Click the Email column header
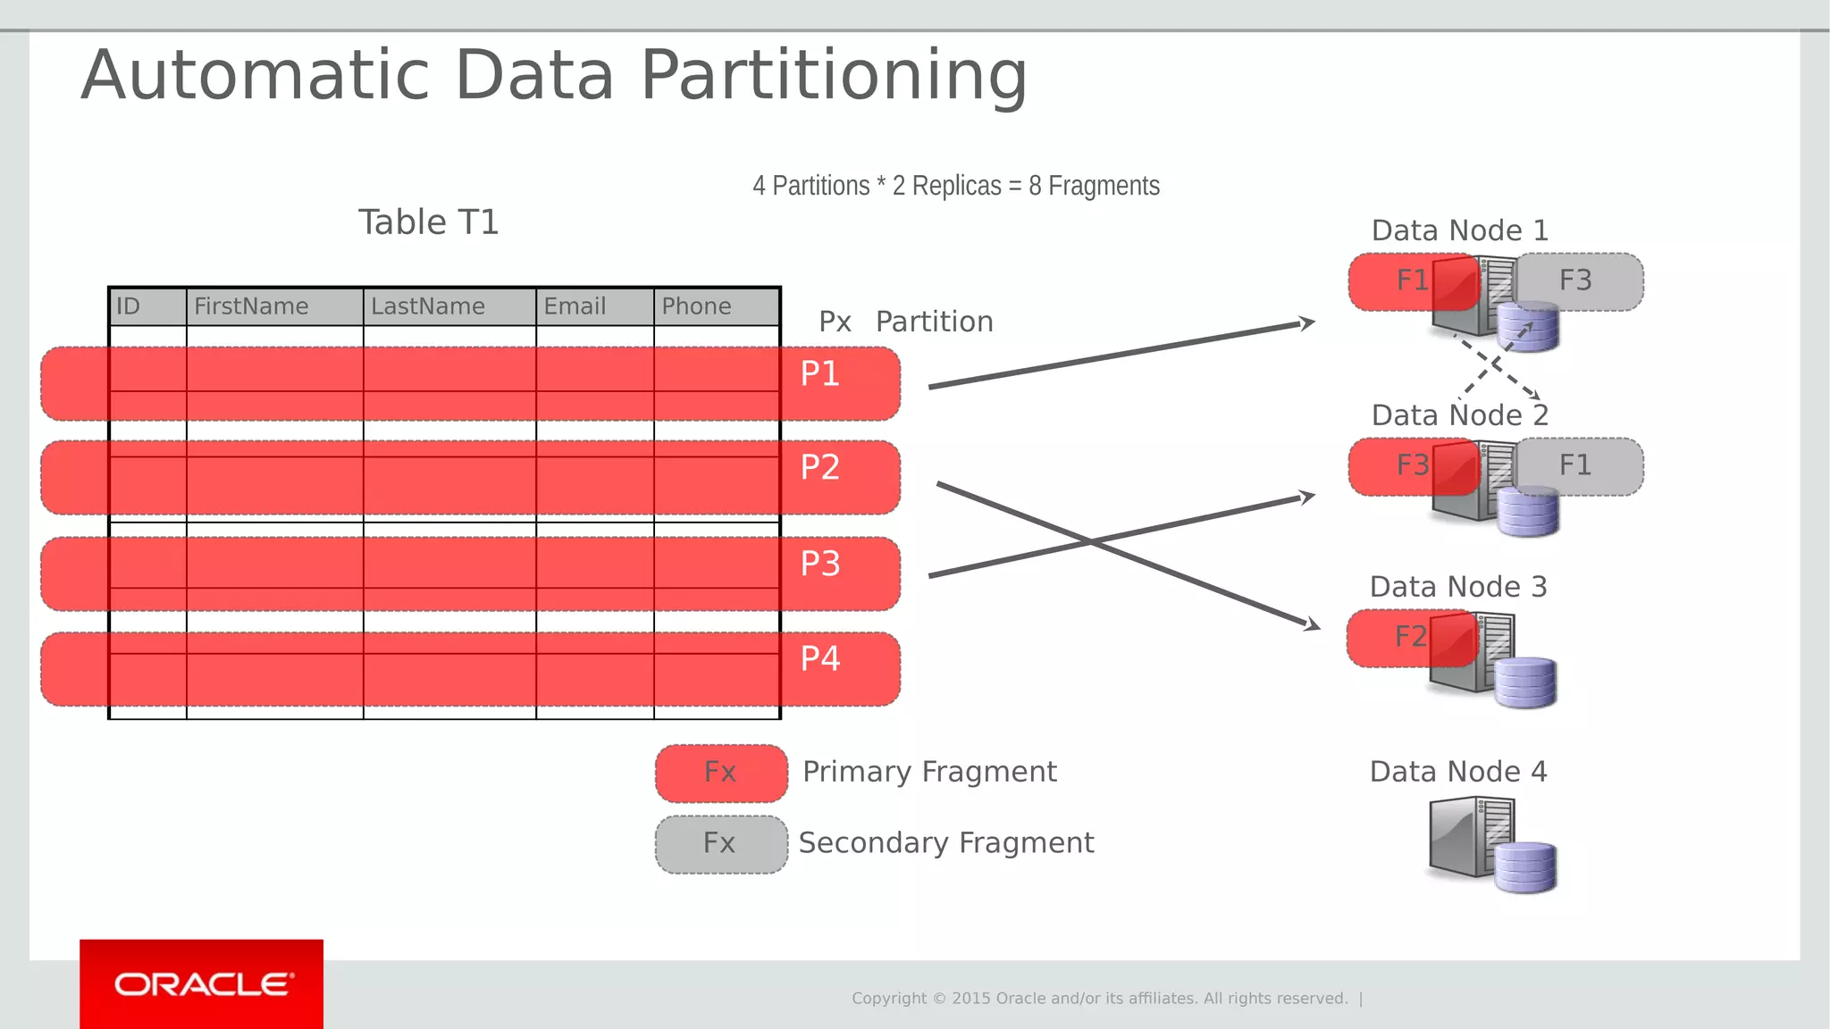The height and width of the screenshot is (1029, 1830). point(575,306)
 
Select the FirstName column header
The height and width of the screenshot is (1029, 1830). point(251,306)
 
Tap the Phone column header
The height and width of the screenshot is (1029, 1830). point(696,306)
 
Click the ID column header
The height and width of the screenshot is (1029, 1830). point(129,306)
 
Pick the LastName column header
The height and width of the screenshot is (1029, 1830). point(428,306)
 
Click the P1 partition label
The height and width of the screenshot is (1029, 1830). point(819,373)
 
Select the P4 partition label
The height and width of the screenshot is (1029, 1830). point(819,658)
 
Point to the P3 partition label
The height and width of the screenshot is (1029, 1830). point(819,564)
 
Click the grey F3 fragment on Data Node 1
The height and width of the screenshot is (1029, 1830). point(1578,280)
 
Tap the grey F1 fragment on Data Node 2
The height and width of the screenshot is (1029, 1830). point(1578,465)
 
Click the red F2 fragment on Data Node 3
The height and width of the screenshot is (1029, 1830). point(1409,637)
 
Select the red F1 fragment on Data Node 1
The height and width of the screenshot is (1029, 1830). point(1411,280)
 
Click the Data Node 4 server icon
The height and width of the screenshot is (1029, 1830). point(1490,843)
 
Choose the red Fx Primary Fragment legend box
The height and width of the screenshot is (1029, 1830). point(720,773)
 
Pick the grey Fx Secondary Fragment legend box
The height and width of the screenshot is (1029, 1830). point(720,843)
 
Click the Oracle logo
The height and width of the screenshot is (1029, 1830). point(202,984)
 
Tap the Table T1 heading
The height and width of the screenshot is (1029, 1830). point(428,222)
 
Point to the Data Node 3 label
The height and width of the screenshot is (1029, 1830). point(1457,587)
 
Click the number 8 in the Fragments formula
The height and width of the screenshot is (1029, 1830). point(1035,186)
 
